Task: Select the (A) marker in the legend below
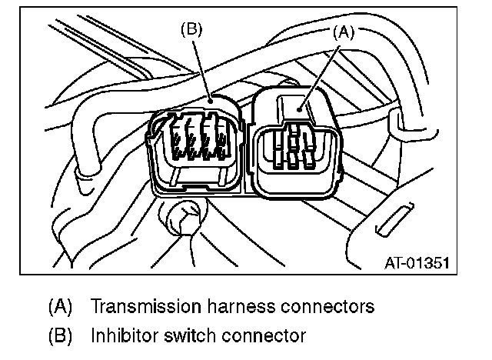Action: [59, 306]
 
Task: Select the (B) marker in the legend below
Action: [59, 335]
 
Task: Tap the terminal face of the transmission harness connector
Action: [295, 150]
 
